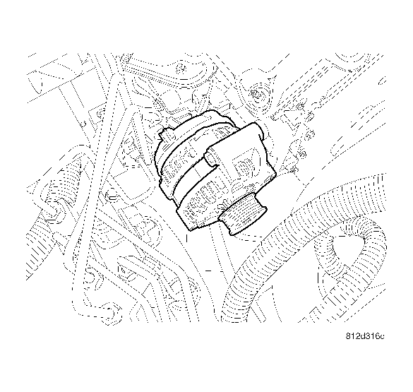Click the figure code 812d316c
tap(366, 335)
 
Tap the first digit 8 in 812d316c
tap(349, 335)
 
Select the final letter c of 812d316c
tap(383, 336)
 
